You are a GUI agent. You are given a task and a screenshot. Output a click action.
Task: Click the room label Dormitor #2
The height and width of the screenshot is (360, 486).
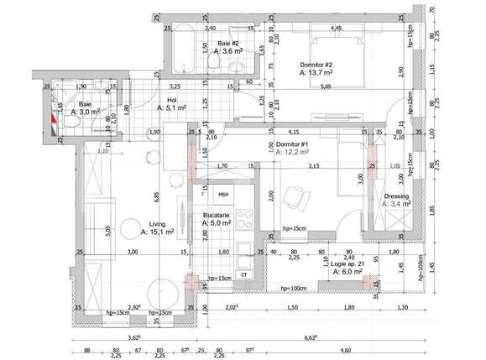tap(317, 65)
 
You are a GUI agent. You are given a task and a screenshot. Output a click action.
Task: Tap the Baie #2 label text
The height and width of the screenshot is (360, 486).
tap(229, 42)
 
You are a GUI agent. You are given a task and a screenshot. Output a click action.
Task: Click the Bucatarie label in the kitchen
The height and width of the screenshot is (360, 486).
tap(216, 215)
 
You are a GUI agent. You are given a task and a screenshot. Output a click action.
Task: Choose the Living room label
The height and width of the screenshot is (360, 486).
tap(157, 223)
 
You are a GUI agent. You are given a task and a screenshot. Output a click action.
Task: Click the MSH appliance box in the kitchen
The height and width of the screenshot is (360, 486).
tap(223, 195)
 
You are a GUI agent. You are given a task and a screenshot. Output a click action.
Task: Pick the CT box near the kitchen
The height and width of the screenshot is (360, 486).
tap(244, 274)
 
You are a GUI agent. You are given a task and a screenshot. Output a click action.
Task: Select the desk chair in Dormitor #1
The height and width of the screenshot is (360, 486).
tap(295, 198)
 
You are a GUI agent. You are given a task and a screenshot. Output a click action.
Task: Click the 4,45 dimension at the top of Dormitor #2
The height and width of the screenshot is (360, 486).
tap(336, 29)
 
